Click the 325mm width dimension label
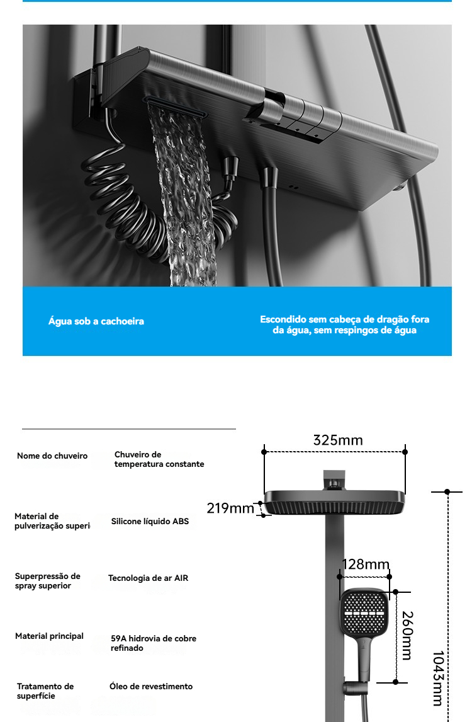[338, 440]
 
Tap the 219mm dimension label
[230, 508]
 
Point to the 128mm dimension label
[366, 564]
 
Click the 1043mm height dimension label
[438, 678]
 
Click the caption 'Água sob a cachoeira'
[96, 321]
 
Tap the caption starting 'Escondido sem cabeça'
[345, 325]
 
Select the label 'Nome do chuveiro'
[52, 456]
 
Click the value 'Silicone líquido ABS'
[150, 522]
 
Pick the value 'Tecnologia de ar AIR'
[148, 578]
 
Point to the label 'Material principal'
[49, 636]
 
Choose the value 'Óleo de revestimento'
[151, 687]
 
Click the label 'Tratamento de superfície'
[45, 691]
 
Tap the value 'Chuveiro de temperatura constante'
[159, 459]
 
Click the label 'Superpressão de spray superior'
[48, 581]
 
